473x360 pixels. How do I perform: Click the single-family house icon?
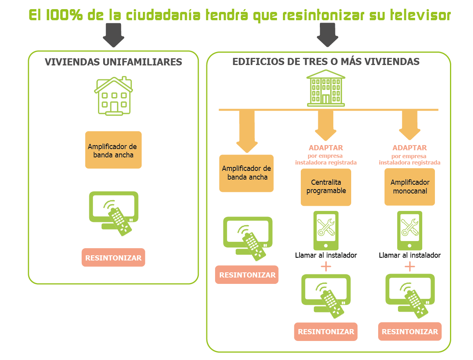113,96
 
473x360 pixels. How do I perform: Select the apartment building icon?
326,88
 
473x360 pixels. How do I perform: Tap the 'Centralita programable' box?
326,187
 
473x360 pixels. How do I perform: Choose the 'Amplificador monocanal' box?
410,187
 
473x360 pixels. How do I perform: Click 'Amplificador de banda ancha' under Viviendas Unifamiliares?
113,150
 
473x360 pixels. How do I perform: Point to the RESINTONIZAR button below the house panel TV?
113,257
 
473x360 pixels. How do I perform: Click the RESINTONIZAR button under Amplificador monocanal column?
410,332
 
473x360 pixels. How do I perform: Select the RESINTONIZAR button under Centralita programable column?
326,332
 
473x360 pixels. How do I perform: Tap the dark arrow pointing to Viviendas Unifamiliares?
113,35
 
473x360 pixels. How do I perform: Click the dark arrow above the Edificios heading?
327,35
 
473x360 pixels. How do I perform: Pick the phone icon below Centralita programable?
326,231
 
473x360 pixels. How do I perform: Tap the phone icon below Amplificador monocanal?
410,231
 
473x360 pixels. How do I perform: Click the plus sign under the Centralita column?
326,266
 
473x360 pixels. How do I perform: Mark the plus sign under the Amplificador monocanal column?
410,266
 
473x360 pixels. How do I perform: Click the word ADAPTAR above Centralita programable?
326,148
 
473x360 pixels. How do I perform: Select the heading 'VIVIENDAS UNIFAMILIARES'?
113,62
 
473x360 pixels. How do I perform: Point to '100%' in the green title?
64,15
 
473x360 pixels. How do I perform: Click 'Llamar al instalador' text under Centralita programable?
326,255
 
